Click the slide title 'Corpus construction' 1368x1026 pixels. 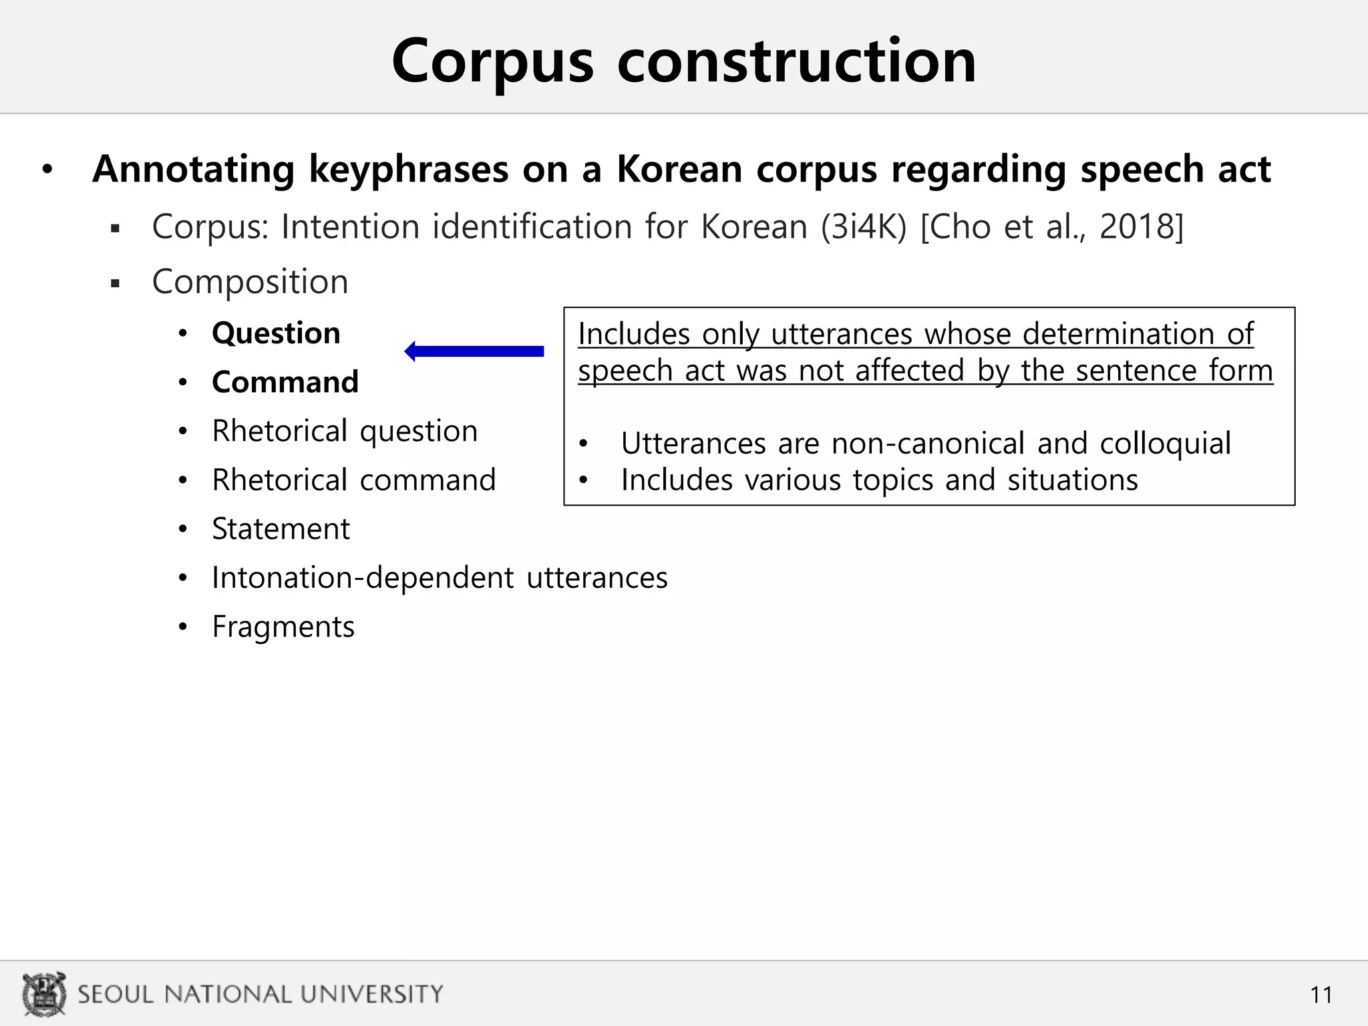click(683, 61)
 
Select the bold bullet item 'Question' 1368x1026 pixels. click(276, 333)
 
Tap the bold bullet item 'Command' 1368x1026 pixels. click(285, 382)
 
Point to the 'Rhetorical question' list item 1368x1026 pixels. click(345, 431)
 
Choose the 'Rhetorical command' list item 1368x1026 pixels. click(354, 480)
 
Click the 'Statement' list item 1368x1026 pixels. click(281, 529)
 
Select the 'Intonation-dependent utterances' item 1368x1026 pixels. click(440, 578)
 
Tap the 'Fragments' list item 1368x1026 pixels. click(283, 627)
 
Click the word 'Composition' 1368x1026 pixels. click(250, 281)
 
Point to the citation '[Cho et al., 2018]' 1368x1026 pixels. click(1051, 226)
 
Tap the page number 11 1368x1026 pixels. click(1321, 995)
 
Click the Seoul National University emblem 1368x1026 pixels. click(44, 994)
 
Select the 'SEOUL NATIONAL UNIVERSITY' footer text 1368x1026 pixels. click(261, 994)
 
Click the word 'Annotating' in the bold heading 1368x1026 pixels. click(194, 169)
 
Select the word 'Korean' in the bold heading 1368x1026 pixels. click(679, 169)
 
